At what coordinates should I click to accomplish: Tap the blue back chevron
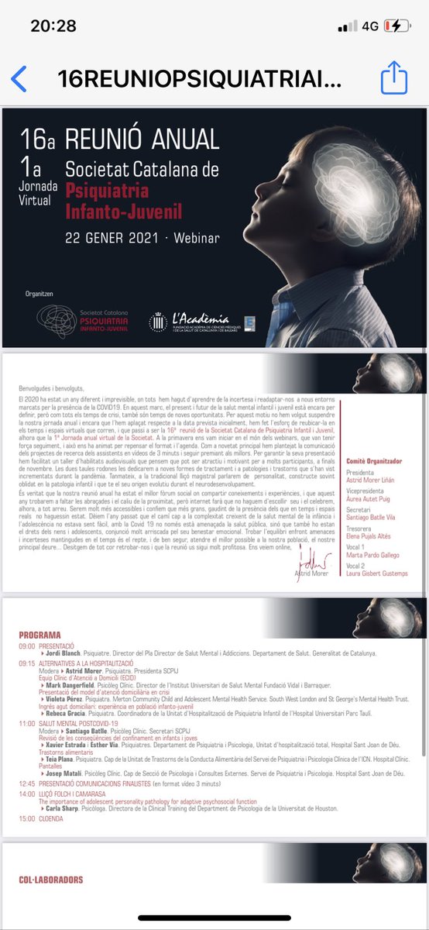(19, 79)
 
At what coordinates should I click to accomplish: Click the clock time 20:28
(53, 26)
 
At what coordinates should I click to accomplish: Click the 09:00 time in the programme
(27, 644)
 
